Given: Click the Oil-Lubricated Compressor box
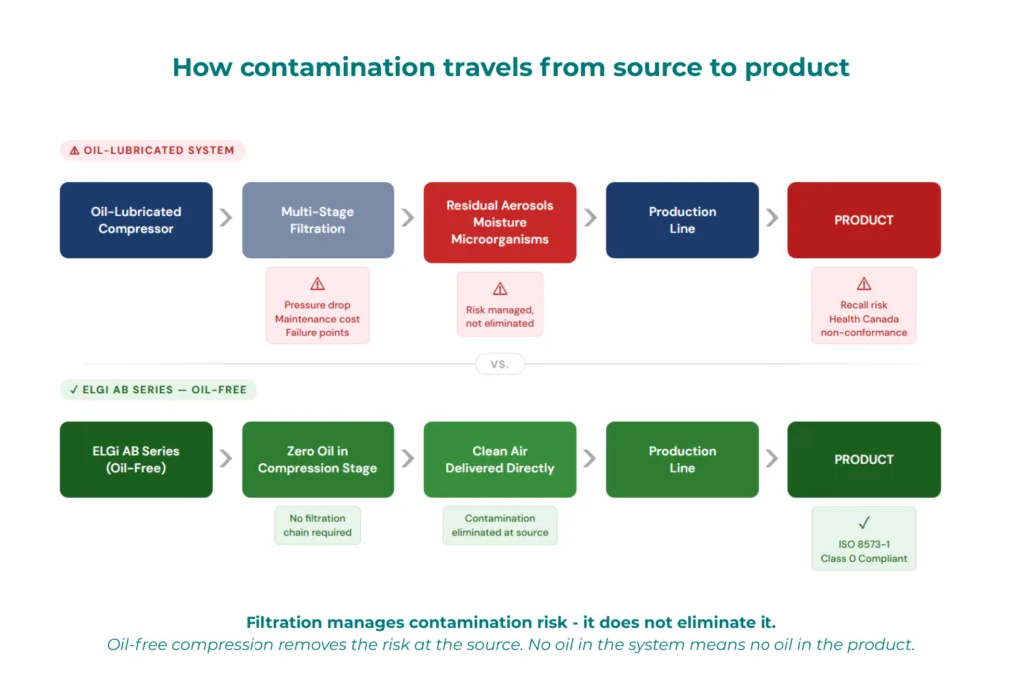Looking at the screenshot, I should (136, 220).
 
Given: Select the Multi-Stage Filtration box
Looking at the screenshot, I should (317, 220).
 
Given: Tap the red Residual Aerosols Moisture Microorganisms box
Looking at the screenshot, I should (500, 222).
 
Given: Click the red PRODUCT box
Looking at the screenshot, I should (864, 220).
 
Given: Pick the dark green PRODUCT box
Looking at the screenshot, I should (864, 459).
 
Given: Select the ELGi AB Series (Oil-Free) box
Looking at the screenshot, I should (136, 459).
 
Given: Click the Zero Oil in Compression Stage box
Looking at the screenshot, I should (317, 459).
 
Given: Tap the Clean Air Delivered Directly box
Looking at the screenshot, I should (500, 459).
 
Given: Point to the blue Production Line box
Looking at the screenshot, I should (682, 220).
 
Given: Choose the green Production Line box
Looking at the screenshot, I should (682, 459).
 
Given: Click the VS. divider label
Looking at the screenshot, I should (500, 364).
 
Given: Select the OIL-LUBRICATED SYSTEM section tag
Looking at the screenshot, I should (152, 150).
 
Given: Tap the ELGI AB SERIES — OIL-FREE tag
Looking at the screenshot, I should (158, 390).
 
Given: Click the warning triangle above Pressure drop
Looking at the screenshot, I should (317, 284).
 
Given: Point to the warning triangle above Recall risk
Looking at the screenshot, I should (864, 284).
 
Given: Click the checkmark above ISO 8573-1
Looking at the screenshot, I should (864, 522).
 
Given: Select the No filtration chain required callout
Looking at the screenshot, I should (317, 525).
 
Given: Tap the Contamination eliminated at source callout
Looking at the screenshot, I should (500, 525).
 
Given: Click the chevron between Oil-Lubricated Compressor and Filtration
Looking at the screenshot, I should (227, 219).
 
